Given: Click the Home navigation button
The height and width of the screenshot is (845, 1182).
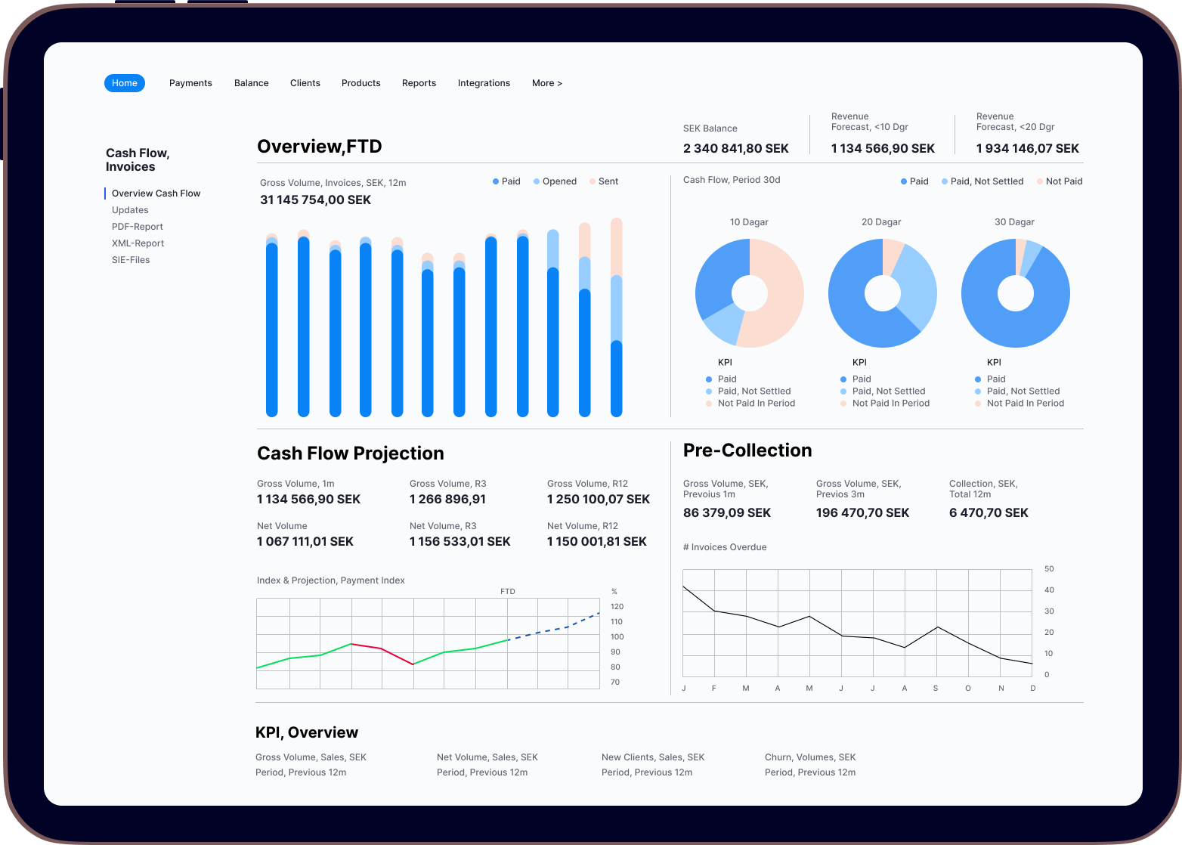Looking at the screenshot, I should coord(125,83).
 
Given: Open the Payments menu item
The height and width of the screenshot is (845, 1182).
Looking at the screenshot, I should coord(190,83).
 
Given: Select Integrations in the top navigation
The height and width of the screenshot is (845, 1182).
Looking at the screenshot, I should coord(484,83).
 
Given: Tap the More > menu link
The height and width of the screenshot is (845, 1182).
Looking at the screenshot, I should coord(546,83).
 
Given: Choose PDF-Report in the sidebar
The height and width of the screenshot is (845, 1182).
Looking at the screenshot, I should coord(138,227).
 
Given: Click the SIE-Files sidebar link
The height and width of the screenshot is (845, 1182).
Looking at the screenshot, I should coord(131,260).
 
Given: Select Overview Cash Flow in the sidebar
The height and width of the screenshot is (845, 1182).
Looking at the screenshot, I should coord(156,193).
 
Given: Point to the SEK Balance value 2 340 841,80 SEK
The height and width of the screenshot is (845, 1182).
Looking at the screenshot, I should coord(735,149).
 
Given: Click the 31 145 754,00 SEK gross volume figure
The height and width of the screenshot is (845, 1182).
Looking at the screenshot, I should coord(315,200).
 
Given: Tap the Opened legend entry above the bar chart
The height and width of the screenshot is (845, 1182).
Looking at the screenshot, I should coord(559,181).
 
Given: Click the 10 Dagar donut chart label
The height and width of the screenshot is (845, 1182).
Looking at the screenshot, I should coord(749,222).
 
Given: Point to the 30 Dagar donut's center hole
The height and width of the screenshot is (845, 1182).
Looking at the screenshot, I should coord(1015,293).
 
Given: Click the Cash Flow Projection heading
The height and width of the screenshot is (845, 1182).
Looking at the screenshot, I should coord(351,453).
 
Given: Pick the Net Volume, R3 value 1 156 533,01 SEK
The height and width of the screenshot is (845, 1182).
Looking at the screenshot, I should coord(459,542).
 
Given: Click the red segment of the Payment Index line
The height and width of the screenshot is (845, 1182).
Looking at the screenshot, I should coord(382,650).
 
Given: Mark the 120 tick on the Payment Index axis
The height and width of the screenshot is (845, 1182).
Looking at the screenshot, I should coord(617,607).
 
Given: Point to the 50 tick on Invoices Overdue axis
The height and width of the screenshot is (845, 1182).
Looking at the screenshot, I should coord(1049,569).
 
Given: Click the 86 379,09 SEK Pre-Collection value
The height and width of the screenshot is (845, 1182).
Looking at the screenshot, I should coord(726,513).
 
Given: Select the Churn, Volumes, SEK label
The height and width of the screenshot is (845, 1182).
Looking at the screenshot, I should coord(810,757).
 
